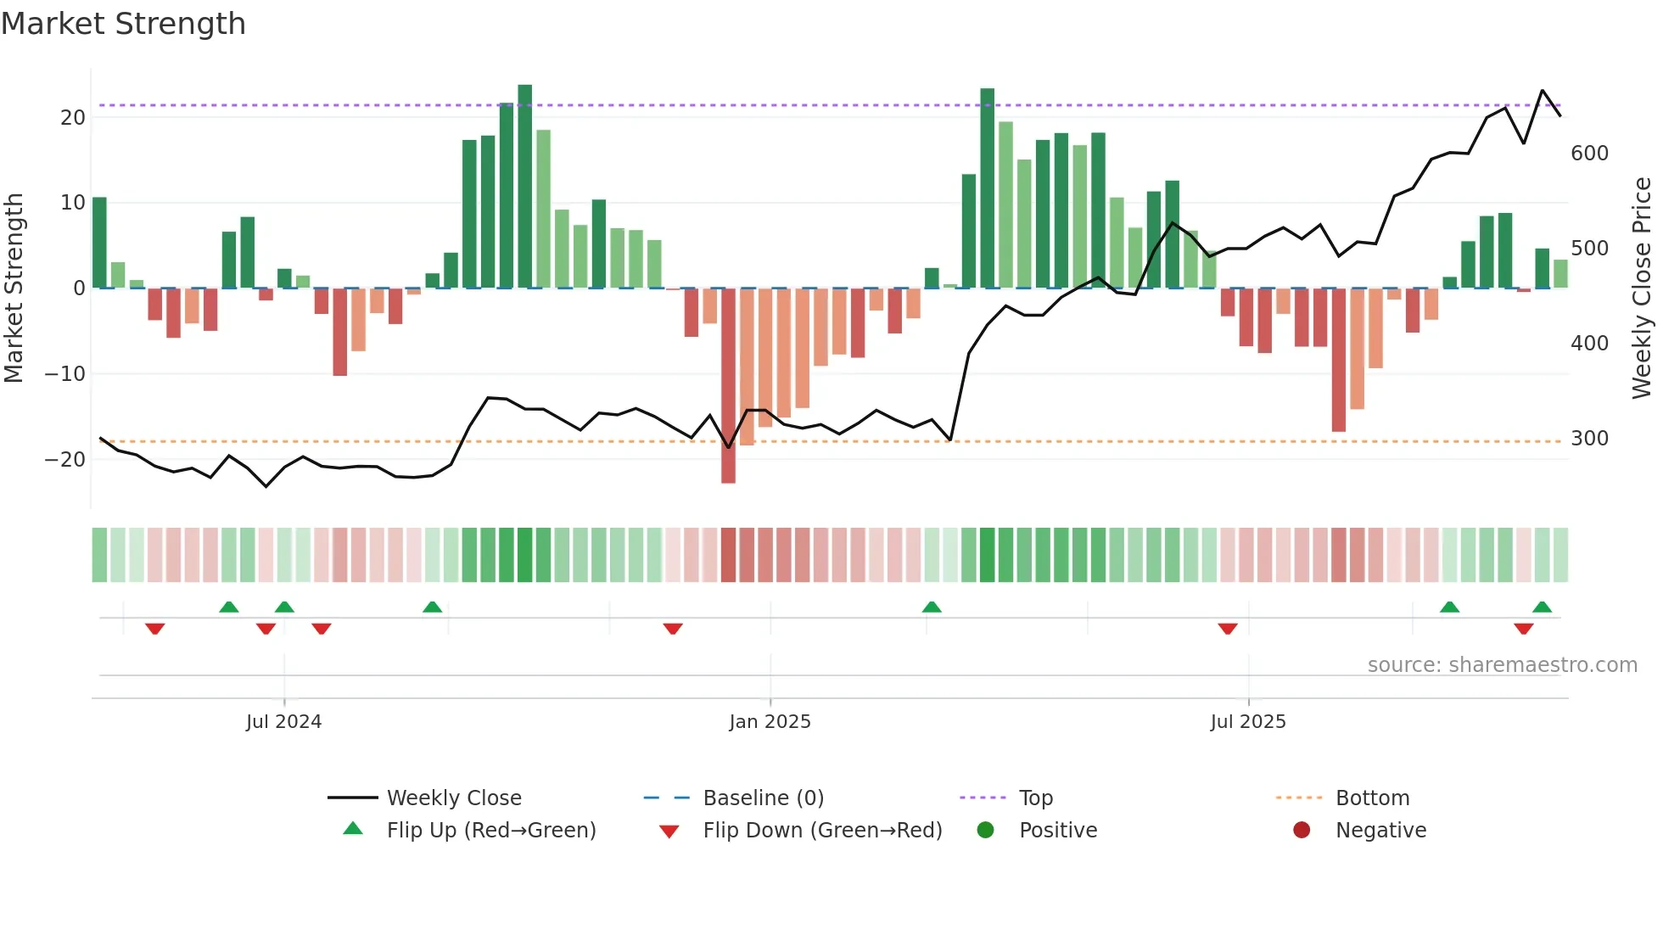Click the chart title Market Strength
click(123, 24)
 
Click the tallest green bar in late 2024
click(525, 187)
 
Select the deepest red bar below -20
click(728, 386)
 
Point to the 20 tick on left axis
click(73, 118)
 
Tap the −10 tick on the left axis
click(65, 374)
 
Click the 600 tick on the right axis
click(1589, 154)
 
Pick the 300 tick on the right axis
click(1589, 439)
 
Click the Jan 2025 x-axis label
click(770, 722)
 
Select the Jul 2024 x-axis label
click(283, 722)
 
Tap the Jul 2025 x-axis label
click(1247, 722)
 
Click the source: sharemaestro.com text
click(1502, 665)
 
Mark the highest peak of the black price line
click(1543, 91)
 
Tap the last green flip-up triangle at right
click(1542, 607)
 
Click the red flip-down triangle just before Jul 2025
click(1227, 629)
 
